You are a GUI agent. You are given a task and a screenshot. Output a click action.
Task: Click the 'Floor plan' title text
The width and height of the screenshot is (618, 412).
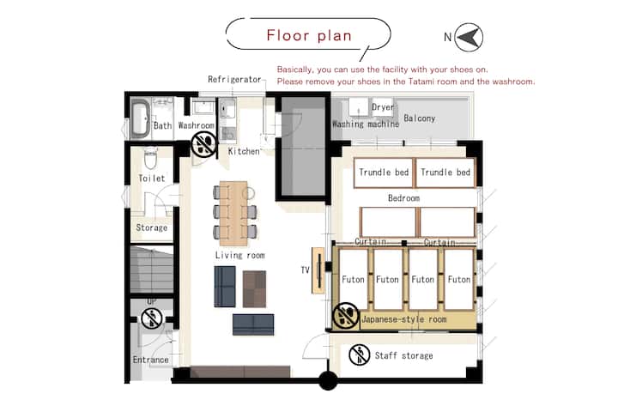309,35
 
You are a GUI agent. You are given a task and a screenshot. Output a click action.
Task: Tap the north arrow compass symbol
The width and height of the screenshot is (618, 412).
469,38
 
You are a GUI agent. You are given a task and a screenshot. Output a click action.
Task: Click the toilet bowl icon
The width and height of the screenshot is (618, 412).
150,158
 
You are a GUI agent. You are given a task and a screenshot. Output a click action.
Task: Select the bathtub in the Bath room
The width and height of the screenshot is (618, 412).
140,118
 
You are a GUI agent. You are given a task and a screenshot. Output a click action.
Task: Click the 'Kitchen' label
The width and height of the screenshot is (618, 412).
244,151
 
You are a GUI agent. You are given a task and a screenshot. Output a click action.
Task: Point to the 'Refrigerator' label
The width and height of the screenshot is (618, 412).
234,79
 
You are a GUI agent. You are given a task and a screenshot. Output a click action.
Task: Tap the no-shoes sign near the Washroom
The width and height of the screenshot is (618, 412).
203,144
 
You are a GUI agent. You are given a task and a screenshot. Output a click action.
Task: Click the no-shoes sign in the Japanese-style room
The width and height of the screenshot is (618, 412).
346,316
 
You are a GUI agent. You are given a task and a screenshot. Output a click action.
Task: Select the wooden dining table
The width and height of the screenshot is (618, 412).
233,213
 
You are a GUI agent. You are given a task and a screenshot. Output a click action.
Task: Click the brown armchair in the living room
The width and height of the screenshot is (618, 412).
254,289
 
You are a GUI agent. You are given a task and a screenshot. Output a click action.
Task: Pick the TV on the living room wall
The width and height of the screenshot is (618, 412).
318,270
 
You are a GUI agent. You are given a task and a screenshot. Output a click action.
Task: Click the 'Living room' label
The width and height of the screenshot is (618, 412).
240,256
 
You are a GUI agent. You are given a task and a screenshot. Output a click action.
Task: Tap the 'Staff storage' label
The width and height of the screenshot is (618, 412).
403,355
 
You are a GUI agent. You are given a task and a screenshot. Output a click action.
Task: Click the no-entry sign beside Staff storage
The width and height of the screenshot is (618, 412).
359,354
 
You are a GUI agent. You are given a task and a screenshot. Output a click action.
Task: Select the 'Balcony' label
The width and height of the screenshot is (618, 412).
420,118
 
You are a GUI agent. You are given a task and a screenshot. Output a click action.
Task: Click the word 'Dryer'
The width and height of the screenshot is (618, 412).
383,106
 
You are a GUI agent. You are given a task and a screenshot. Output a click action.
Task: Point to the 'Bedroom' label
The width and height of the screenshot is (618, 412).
403,198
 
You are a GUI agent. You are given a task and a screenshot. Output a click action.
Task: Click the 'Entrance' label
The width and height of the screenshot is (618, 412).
150,360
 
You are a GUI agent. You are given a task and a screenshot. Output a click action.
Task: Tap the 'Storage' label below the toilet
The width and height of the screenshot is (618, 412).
151,227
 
